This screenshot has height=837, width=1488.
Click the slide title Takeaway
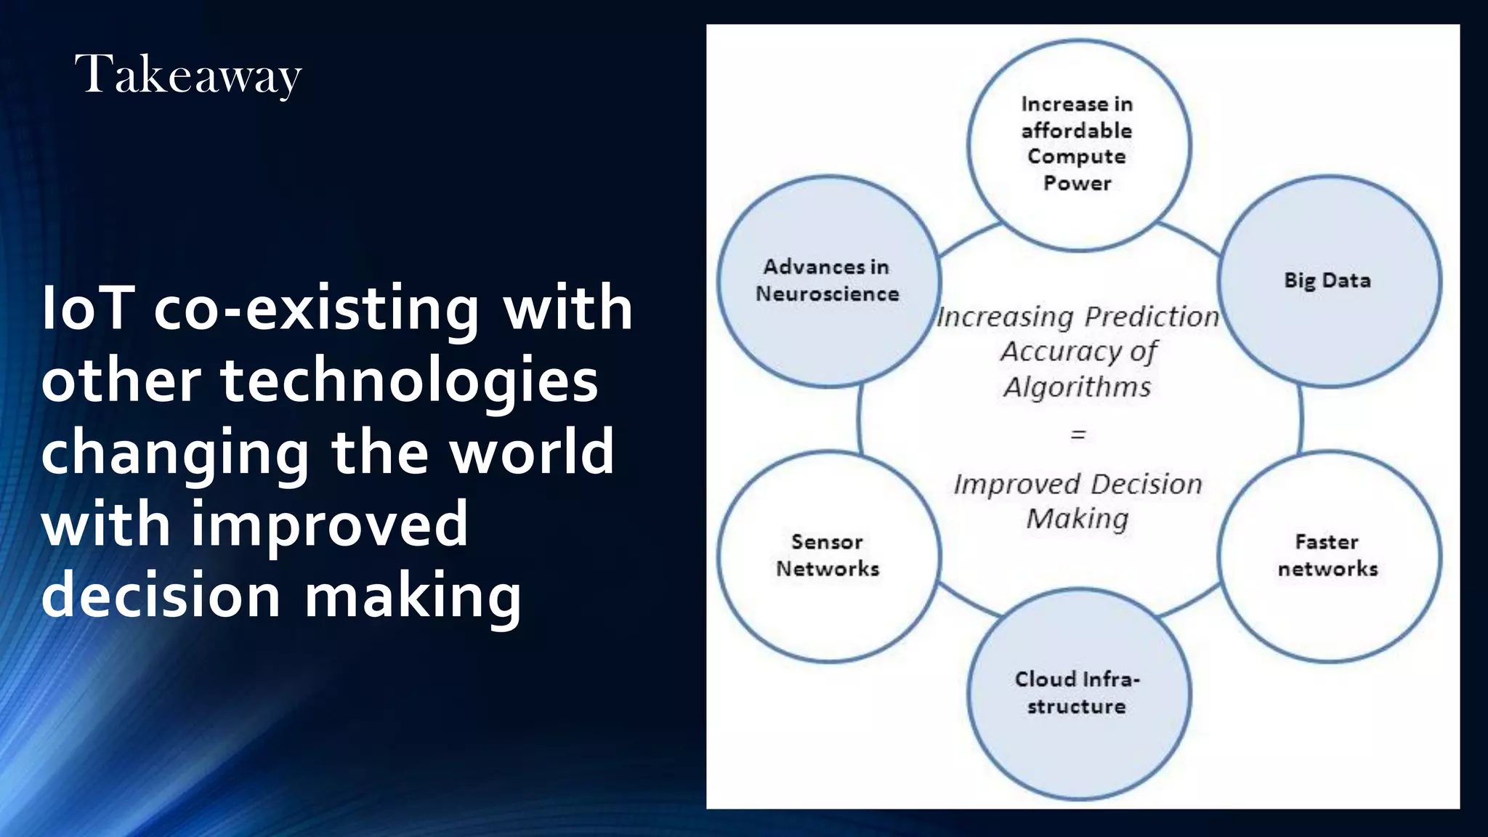[x=187, y=75]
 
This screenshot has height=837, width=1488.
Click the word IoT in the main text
[x=87, y=308]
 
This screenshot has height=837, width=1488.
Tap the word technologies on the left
[x=409, y=381]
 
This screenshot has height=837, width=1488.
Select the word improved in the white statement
[x=330, y=524]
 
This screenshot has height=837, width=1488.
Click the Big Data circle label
[x=1327, y=280]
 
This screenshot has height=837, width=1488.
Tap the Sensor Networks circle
[x=828, y=556]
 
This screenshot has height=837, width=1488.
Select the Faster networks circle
[x=1327, y=556]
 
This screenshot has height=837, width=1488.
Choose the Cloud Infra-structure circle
[x=1077, y=693]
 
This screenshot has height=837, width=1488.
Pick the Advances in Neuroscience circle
[x=828, y=280]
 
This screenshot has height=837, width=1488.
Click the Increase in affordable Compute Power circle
[x=1077, y=143]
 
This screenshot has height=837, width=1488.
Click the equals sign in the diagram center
[x=1078, y=435]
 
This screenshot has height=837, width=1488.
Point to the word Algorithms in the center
[x=1077, y=387]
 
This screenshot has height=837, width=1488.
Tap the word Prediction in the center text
[x=1152, y=317]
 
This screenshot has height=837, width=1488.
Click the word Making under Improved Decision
[x=1077, y=519]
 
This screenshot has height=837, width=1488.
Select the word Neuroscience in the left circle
[x=828, y=294]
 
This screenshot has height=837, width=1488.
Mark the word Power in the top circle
[x=1077, y=183]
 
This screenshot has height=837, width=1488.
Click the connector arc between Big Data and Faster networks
[x=1301, y=420]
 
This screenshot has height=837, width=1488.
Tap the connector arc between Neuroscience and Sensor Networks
[x=859, y=420]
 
